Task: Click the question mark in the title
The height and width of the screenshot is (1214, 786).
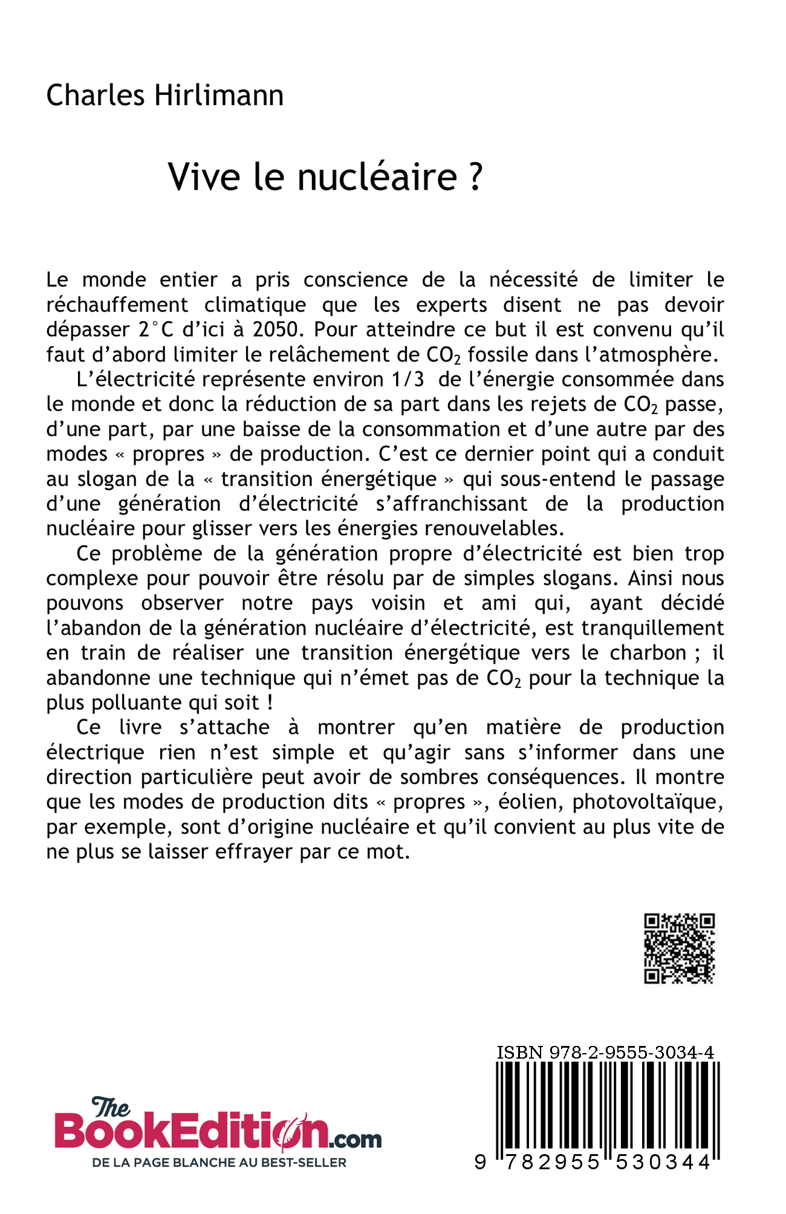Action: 475,177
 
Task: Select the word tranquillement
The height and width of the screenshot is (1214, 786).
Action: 653,628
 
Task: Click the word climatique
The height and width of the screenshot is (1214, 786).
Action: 255,305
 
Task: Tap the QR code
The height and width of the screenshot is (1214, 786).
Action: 680,949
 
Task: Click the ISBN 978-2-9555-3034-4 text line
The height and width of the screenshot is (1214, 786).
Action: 605,1053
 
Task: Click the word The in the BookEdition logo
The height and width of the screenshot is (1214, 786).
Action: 110,1108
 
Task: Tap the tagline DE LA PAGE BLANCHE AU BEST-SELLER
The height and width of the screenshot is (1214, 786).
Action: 219,1162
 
